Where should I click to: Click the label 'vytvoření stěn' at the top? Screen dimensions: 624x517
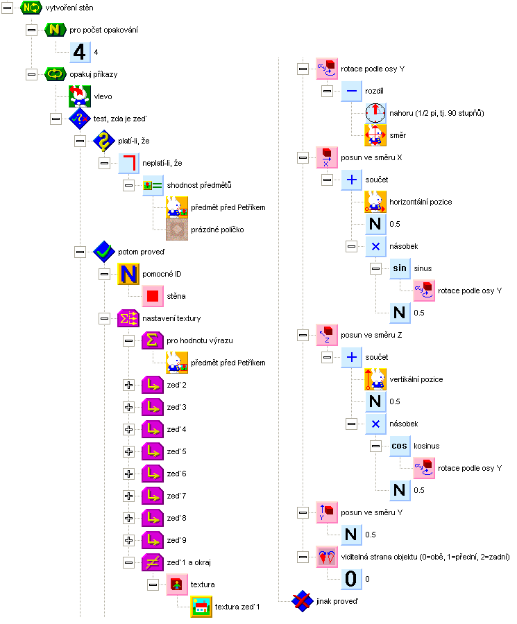point(69,8)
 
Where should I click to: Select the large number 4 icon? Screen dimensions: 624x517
point(80,52)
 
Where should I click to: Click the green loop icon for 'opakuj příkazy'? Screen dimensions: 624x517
point(56,74)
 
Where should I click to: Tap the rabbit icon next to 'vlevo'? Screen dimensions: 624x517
point(80,96)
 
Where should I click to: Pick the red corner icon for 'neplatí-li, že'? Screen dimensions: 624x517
point(129,163)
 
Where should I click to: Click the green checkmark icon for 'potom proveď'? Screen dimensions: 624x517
point(105,252)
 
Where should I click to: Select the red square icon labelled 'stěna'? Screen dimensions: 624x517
point(154,296)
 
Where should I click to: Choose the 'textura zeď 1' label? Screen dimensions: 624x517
point(237,607)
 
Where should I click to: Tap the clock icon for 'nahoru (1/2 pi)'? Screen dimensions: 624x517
point(376,113)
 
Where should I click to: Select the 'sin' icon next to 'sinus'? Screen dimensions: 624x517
point(400,268)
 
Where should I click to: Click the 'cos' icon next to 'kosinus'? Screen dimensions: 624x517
point(400,446)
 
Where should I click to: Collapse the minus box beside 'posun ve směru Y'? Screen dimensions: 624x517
point(303,512)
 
